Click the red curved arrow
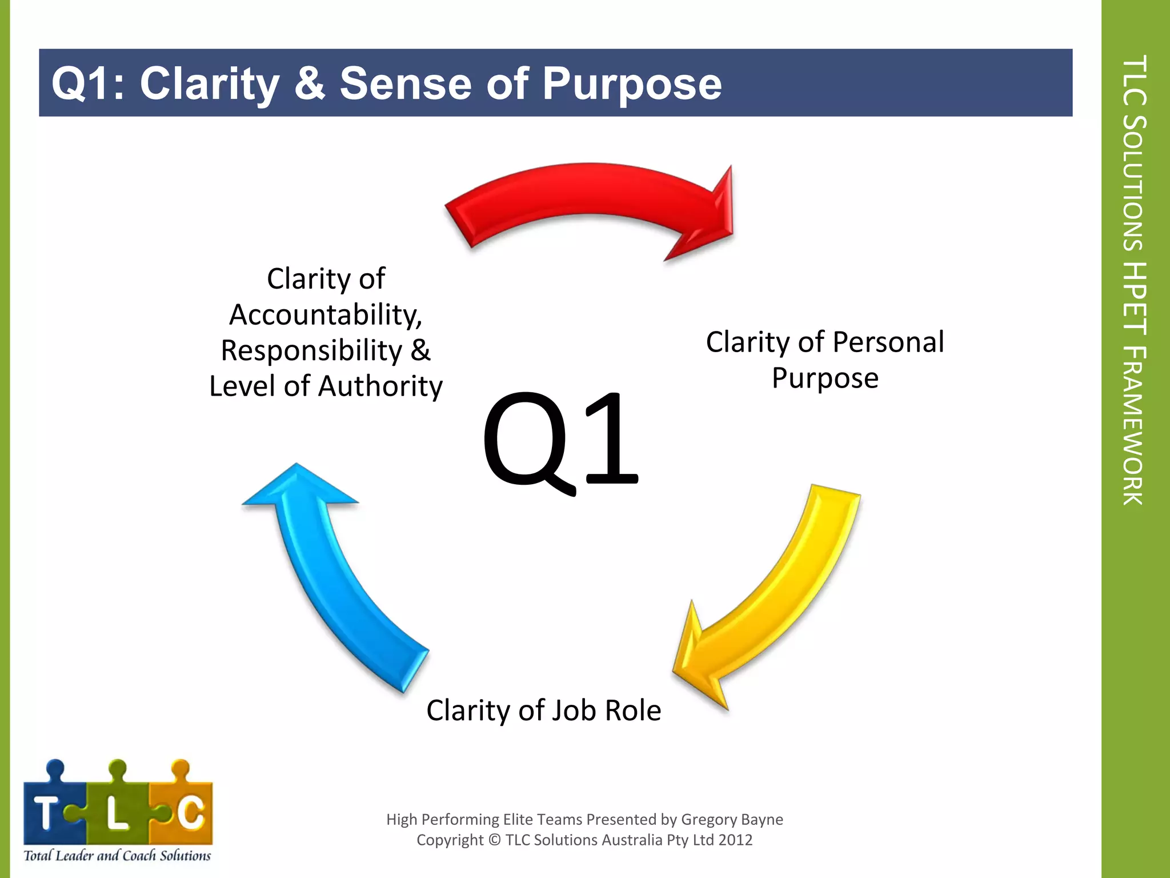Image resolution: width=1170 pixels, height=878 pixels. (588, 194)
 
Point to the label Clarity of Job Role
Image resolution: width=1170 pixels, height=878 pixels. (543, 711)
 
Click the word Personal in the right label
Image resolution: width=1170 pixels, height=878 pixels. (888, 342)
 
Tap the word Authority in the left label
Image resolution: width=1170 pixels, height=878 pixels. (380, 386)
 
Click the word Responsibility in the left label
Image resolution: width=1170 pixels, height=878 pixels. (311, 351)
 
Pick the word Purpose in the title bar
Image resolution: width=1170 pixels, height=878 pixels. (632, 83)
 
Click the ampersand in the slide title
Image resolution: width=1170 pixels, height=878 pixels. (310, 83)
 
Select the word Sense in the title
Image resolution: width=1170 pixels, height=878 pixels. (406, 83)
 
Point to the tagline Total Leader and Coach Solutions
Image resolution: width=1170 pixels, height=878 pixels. (117, 856)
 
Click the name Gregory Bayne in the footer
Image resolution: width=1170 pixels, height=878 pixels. (732, 820)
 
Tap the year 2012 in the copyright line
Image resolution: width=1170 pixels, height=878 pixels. (735, 840)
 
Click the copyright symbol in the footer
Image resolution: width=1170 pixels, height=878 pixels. (495, 840)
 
